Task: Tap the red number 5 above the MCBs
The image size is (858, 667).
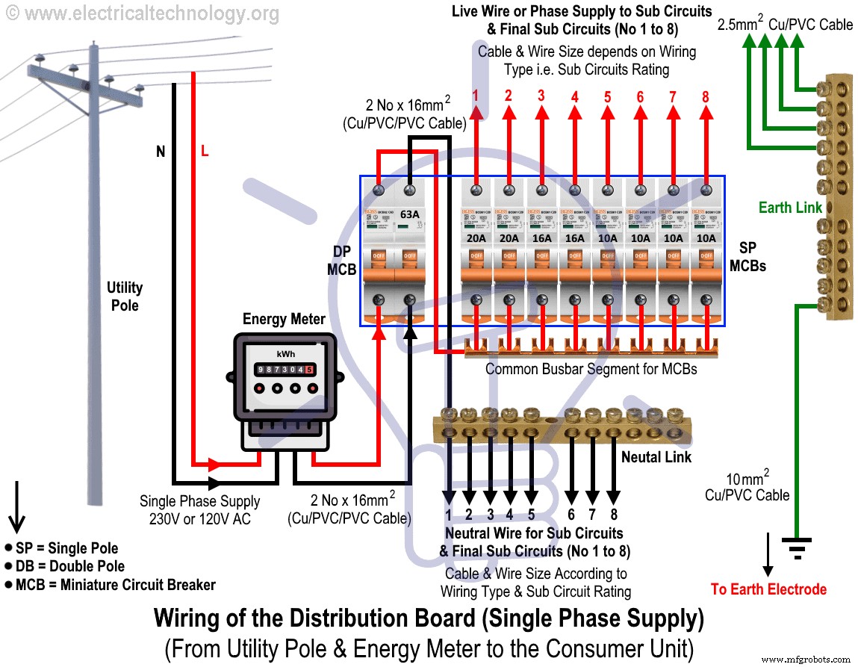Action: tap(608, 96)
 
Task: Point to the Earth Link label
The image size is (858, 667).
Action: tap(789, 208)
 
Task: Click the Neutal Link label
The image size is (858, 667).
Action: tap(656, 456)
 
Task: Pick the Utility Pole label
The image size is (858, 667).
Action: tap(125, 296)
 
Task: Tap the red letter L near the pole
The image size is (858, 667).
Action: tap(205, 152)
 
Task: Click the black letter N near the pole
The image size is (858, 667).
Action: tap(160, 152)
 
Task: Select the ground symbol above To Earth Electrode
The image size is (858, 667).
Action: tap(797, 548)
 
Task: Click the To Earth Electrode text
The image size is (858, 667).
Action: tap(768, 589)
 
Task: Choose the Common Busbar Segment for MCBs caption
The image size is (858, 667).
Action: tap(591, 369)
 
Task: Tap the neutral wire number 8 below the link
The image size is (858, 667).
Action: tap(612, 515)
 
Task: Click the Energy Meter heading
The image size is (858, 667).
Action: tap(284, 320)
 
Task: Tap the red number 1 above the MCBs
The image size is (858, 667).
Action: tap(476, 96)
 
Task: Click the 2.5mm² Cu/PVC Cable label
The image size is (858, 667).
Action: tap(785, 25)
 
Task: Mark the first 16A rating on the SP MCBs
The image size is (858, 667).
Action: tap(541, 238)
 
